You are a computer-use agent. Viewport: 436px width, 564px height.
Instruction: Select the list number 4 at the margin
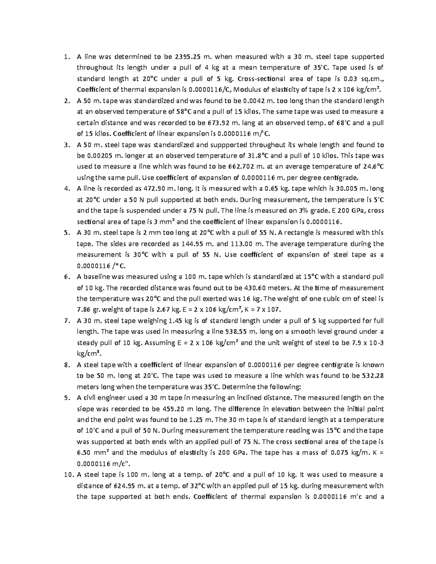[66, 188]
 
